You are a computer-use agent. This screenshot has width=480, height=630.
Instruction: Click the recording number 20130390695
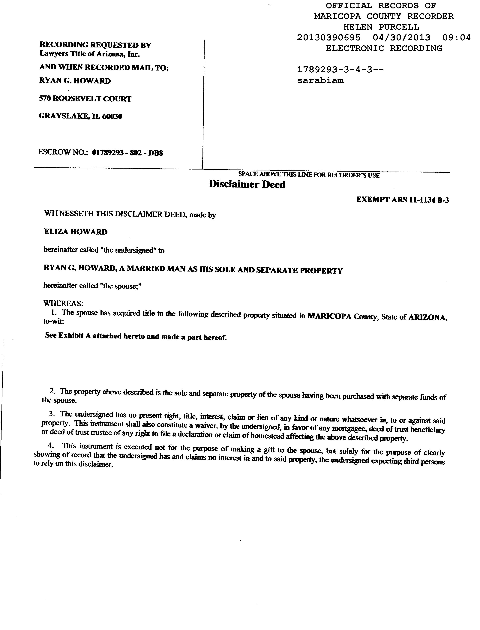pos(328,38)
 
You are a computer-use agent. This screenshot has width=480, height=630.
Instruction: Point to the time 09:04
pos(456,38)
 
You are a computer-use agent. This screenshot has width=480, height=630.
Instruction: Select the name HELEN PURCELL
pos(381,27)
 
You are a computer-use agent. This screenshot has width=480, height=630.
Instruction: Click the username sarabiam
pos(320,81)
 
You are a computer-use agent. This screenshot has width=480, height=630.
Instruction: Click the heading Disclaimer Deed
pos(247,184)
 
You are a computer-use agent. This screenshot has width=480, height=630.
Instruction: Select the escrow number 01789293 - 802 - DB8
pos(127,153)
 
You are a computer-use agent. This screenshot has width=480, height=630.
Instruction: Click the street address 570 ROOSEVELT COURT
pos(85,99)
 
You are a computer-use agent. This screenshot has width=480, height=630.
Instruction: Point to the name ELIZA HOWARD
pos(76,232)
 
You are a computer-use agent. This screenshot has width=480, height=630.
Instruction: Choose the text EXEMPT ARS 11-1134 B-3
pos(402,200)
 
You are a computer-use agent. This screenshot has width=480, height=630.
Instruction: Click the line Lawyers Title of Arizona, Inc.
pos(89,54)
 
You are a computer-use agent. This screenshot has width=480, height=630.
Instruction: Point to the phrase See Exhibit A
pos(68,335)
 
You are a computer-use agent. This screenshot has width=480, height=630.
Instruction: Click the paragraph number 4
pos(51,446)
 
